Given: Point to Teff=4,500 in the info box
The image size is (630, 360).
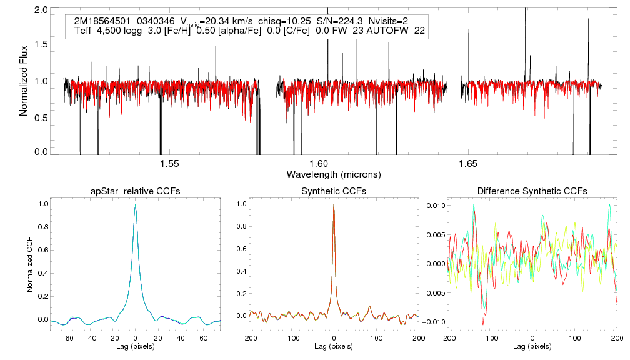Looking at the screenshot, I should pos(101,31).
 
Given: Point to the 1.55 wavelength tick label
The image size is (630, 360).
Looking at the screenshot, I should pos(169,164).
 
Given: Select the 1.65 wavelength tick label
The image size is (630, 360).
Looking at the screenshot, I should pos(468,164).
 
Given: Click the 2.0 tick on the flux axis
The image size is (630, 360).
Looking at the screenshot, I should pos(42,11).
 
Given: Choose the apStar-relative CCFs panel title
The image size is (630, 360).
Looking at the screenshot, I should pos(136,191).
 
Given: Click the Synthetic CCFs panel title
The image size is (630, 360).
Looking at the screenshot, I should pos(334,191).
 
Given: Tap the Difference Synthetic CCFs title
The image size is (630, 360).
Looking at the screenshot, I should pos(532,191).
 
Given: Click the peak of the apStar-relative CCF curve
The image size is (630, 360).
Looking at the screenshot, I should pos(136,204).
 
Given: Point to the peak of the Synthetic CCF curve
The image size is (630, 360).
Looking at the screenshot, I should pos(334,204).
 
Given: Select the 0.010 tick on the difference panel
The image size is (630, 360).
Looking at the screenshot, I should pos(434,205).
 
